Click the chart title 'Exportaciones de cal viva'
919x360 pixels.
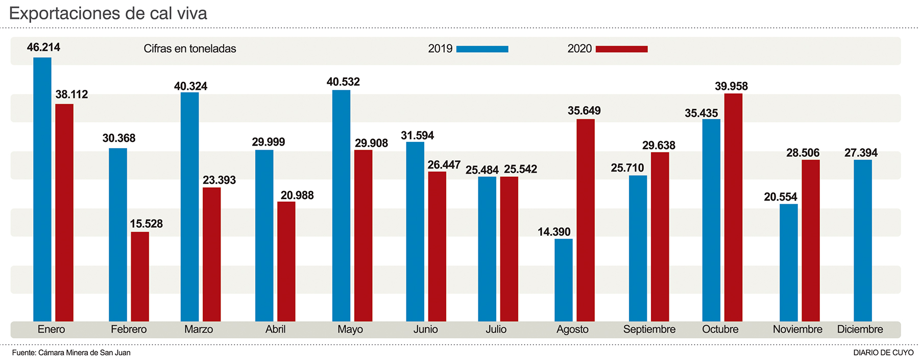(x=108, y=13)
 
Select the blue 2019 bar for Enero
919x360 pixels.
(x=42, y=189)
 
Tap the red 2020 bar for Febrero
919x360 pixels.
(x=140, y=276)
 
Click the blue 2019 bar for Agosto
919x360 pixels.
(x=564, y=280)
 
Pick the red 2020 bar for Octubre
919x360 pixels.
(x=733, y=207)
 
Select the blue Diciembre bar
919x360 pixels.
(x=863, y=240)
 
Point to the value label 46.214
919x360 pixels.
(x=43, y=47)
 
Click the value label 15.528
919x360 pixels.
(x=146, y=224)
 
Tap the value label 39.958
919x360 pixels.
(x=731, y=86)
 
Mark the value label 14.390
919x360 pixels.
(x=554, y=232)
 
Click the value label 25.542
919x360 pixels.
(x=520, y=169)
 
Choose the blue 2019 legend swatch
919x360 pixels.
(x=482, y=49)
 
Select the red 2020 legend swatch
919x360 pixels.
(x=621, y=49)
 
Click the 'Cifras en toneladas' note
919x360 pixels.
(x=190, y=49)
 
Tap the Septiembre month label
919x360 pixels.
(x=649, y=329)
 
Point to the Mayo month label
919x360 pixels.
(x=350, y=329)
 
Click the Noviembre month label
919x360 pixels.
(x=797, y=329)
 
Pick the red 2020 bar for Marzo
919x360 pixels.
(x=212, y=254)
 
